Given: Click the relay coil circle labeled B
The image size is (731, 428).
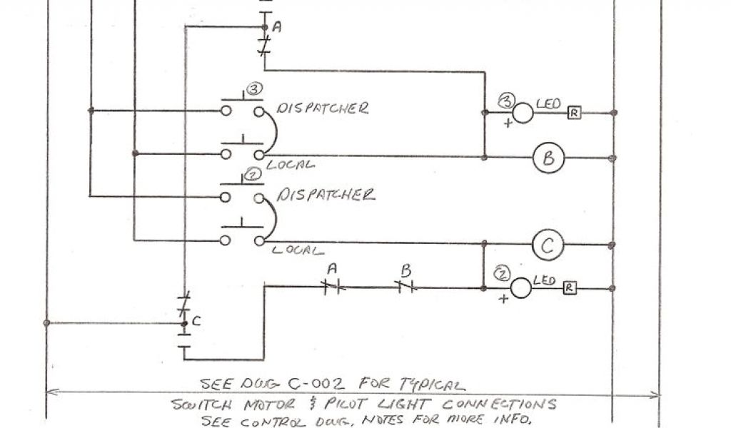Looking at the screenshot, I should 548,158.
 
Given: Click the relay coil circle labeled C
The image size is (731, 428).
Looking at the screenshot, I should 548,246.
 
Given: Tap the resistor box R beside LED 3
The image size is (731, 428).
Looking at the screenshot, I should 573,113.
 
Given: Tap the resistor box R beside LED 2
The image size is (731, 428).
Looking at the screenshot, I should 570,288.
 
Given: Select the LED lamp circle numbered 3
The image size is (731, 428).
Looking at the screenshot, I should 523,113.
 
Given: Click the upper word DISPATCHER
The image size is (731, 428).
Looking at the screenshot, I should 323,108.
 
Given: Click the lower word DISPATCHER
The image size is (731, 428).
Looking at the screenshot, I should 326,195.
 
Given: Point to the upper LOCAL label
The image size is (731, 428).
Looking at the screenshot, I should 291,165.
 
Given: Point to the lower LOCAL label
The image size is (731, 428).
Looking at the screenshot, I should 297,250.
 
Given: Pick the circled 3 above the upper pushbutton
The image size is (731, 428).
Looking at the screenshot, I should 254,90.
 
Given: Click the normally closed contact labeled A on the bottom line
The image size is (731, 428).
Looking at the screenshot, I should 332,287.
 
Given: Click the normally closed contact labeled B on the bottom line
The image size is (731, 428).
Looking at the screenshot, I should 405,287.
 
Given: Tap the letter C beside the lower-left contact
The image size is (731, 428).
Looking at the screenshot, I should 196,322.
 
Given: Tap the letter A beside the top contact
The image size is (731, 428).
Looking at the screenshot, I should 277,27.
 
